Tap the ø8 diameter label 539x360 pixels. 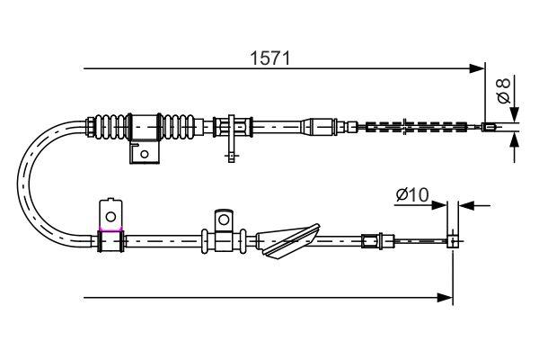coord(504,90)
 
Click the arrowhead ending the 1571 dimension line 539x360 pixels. coord(478,67)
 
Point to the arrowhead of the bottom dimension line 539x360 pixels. coord(445,296)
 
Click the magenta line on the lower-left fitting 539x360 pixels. coord(110,231)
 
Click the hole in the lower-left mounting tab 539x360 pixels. coord(110,215)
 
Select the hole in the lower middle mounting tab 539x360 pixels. coord(222,219)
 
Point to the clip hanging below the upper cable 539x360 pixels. coord(232,139)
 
